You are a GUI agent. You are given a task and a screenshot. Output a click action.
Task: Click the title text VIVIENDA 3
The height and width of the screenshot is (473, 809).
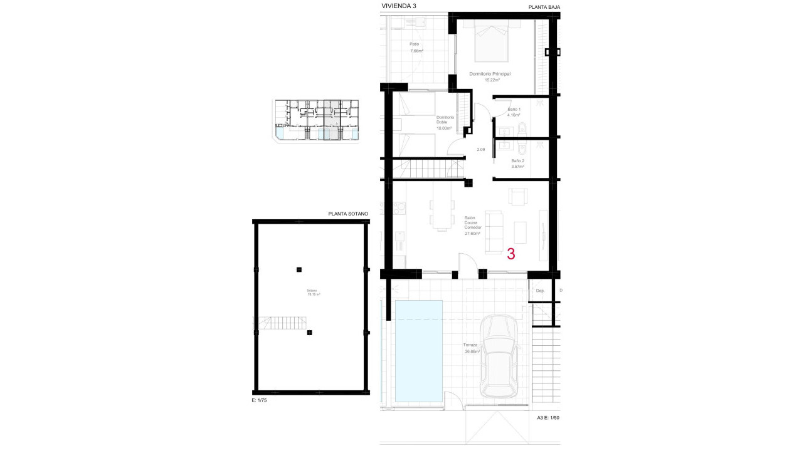click(398, 6)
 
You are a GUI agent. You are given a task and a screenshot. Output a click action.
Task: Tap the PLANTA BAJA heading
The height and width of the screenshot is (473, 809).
click(544, 7)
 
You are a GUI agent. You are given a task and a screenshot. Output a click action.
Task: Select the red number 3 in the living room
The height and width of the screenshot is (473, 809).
click(511, 254)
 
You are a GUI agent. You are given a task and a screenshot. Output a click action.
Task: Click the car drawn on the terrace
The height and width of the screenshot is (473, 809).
click(500, 356)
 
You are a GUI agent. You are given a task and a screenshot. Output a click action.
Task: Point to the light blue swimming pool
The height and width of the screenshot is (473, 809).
click(418, 351)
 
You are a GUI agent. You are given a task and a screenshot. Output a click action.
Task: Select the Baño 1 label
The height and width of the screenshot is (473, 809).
click(514, 111)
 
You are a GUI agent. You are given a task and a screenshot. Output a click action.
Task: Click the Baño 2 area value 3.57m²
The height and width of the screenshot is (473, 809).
click(518, 167)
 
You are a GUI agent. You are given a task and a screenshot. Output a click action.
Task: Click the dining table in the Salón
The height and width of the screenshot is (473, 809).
click(443, 215)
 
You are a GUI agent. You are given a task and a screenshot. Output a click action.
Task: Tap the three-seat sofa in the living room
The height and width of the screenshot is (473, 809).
click(494, 231)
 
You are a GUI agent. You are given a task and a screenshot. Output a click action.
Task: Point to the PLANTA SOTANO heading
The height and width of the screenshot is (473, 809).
click(348, 214)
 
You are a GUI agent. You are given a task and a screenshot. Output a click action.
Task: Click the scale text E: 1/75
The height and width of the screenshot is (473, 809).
click(258, 400)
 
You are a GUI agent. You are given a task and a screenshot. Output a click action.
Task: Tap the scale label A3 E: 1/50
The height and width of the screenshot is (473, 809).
click(548, 417)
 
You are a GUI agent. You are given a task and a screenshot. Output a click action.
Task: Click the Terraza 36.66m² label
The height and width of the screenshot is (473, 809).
click(472, 348)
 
